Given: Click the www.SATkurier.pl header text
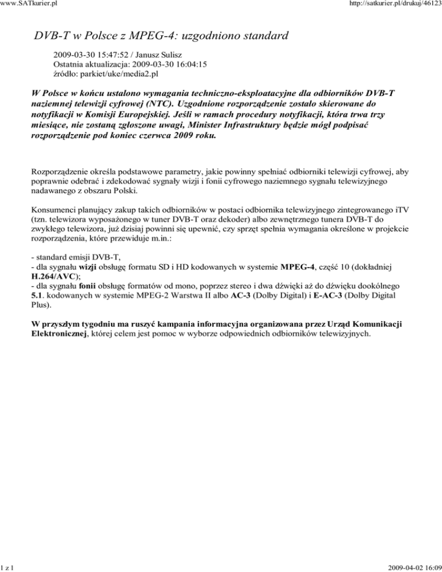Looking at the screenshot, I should (25, 5).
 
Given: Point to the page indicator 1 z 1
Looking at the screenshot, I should (7, 567).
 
